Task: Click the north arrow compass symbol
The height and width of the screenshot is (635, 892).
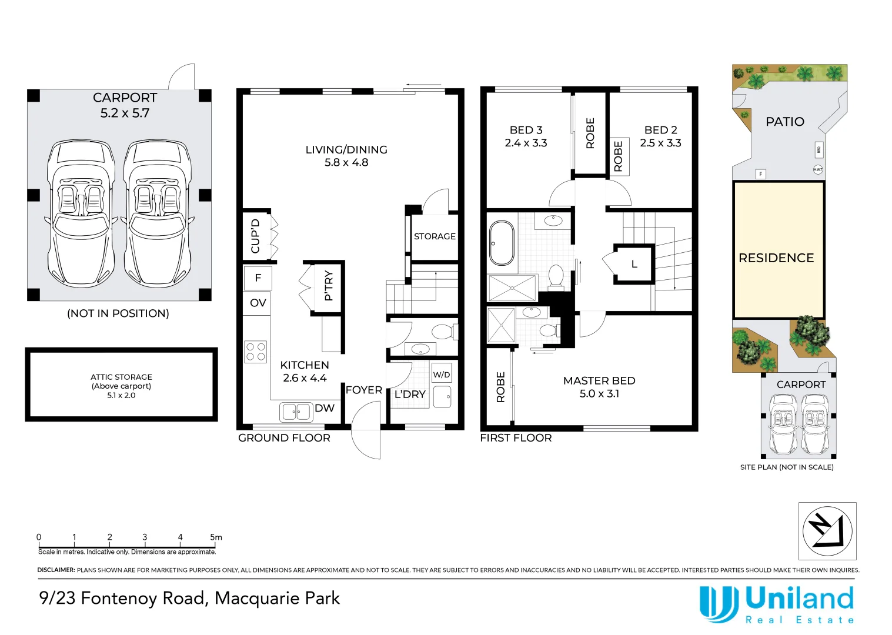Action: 827,531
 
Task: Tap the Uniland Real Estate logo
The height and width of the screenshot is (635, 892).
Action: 777,604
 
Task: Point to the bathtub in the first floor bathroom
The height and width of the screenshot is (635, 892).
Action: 502,243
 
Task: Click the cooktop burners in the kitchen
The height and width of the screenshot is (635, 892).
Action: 256,352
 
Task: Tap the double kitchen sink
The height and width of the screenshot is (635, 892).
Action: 296,412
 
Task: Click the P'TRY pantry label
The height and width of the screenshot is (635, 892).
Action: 329,285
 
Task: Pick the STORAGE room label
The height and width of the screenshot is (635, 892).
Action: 435,236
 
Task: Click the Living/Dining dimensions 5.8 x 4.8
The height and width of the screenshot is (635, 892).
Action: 346,162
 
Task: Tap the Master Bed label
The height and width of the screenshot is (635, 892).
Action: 599,381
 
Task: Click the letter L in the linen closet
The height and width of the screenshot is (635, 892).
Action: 634,264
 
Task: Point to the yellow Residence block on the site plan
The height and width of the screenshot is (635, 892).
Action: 779,250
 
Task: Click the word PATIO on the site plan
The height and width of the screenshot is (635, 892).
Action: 785,122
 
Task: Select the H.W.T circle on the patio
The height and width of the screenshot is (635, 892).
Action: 818,169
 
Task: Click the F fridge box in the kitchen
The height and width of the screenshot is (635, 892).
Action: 258,278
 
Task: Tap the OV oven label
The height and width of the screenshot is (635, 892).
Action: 258,303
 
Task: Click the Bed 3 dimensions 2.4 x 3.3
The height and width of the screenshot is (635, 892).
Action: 526,143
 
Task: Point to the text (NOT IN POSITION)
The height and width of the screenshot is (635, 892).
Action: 118,313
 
